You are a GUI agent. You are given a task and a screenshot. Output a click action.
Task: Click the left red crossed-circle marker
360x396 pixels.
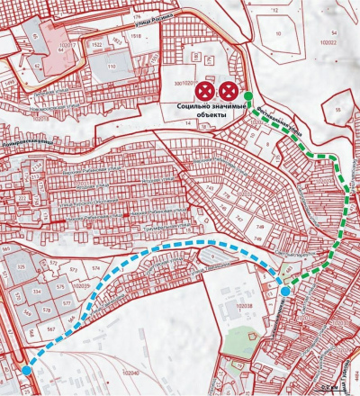[206, 90]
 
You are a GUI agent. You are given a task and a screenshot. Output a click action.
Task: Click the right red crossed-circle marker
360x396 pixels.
[229, 90]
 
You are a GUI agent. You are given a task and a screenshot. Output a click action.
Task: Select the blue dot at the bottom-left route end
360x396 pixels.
[28, 369]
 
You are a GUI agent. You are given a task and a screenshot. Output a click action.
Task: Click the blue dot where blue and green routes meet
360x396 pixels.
[285, 291]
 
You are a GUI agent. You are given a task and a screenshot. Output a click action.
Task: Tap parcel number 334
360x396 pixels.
[37, 292]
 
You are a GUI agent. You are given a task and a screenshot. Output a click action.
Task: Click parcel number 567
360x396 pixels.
[52, 329]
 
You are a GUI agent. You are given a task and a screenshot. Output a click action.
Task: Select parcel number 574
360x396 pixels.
[94, 268]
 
